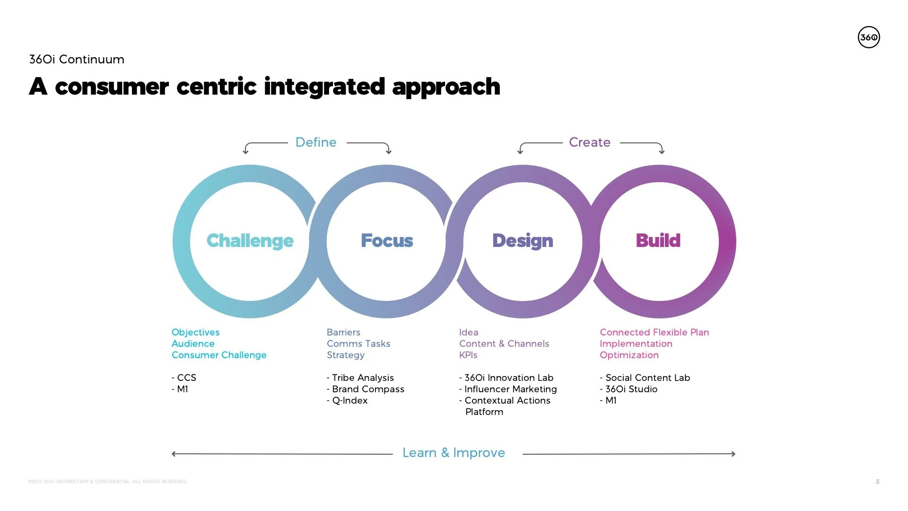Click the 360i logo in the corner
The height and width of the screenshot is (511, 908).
click(869, 37)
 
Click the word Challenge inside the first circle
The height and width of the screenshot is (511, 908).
click(250, 241)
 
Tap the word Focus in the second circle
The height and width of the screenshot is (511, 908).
click(387, 241)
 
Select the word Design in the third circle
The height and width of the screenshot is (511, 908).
click(523, 241)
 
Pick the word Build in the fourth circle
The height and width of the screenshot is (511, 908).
click(658, 241)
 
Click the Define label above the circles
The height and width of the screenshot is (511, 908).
click(316, 142)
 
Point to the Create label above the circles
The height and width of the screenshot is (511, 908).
click(589, 142)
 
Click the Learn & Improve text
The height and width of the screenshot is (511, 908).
click(454, 453)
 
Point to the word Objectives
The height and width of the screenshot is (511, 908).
click(195, 332)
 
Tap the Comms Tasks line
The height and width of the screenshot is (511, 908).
click(358, 344)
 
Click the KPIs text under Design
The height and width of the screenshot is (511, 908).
click(468, 355)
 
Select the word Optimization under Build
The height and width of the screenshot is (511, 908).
click(629, 355)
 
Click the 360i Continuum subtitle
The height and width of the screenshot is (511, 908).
click(77, 60)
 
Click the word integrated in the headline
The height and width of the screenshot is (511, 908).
click(324, 87)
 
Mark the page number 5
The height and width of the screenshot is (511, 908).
click(877, 482)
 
